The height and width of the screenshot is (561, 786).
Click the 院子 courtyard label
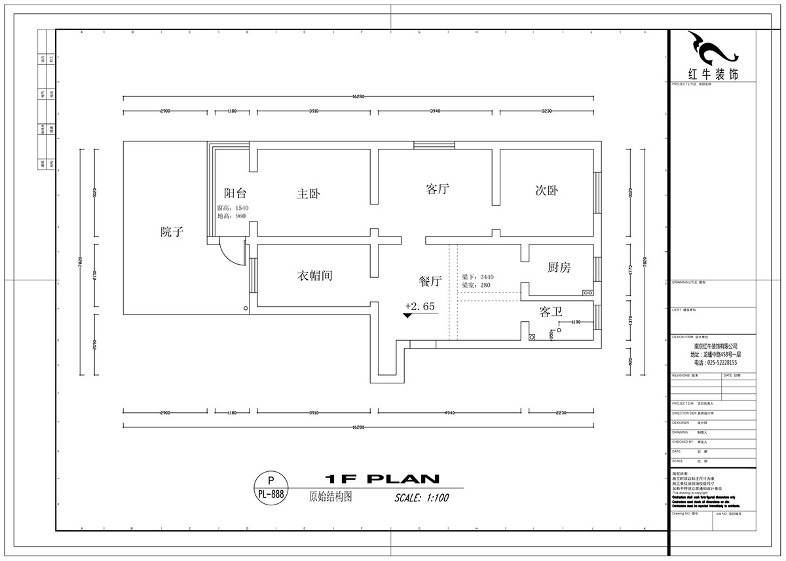coord(172,231)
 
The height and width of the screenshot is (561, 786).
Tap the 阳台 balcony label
coord(235,193)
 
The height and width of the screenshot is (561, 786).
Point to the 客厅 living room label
coord(437,189)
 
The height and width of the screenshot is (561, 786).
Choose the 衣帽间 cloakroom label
coord(316,276)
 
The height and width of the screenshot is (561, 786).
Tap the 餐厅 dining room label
coord(430,281)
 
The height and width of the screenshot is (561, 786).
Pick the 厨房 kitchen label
coord(559,267)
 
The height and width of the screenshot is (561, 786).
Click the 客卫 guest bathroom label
coord(551,312)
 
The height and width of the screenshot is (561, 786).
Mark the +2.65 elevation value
coord(420,306)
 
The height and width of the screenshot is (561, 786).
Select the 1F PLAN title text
coord(382,478)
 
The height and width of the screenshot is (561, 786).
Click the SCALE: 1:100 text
coord(421,497)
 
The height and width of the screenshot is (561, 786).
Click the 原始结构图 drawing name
coord(330,497)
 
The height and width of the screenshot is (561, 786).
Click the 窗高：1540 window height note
coord(233,208)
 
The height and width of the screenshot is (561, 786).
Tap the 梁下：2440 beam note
coord(477,277)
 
